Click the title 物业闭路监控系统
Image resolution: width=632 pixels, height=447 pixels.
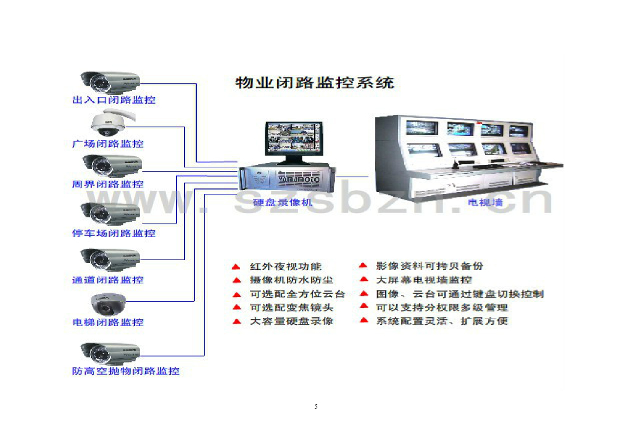[315, 83]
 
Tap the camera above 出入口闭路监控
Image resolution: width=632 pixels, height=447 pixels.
[110, 81]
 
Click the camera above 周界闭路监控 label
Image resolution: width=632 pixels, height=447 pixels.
[111, 165]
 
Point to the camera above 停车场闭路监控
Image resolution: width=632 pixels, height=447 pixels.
[111, 212]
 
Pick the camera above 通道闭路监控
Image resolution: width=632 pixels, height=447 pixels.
[111, 258]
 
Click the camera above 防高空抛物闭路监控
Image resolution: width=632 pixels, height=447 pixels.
[111, 351]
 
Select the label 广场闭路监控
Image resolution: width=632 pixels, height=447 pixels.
[108, 144]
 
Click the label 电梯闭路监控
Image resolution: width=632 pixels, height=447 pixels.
[108, 322]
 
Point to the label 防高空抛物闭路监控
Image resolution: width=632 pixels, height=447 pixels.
[125, 371]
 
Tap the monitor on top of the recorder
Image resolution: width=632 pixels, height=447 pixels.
[293, 140]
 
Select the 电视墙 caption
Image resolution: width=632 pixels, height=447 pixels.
[485, 203]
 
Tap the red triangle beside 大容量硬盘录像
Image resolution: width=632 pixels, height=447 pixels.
[236, 322]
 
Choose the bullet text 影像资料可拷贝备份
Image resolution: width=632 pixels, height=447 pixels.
[430, 266]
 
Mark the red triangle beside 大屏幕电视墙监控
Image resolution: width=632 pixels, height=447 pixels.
[364, 280]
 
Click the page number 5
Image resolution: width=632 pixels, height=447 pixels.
[316, 406]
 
